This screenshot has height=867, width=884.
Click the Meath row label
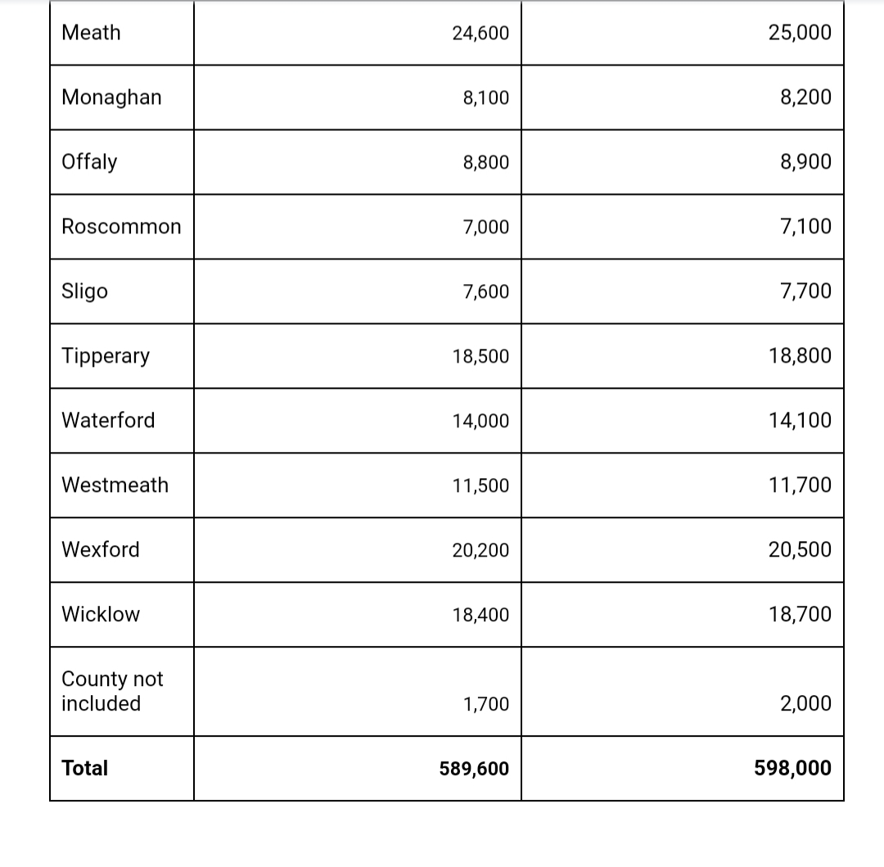[x=91, y=33]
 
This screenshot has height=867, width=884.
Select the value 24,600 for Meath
[x=480, y=34]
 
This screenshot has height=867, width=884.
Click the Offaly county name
[x=89, y=162]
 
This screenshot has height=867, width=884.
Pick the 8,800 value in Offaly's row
[x=485, y=163]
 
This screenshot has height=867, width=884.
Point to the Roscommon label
[x=121, y=227]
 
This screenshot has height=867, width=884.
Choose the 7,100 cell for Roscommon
[x=805, y=227]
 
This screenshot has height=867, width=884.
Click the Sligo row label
[x=84, y=291]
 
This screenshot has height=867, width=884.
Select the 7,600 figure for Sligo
[x=485, y=292]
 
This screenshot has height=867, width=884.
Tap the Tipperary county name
[x=106, y=356]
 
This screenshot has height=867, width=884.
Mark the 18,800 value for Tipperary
[x=800, y=356]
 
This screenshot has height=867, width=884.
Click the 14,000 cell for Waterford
[x=480, y=421]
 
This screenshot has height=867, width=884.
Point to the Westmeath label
[x=115, y=485]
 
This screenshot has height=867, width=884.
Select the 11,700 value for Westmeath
[x=800, y=485]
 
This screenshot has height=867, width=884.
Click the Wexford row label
[x=101, y=549]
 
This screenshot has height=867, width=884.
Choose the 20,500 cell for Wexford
[x=800, y=550]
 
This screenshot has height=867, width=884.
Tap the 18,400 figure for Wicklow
[x=480, y=615]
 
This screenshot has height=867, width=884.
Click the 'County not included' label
[x=112, y=691]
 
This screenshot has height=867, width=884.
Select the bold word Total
[x=85, y=768]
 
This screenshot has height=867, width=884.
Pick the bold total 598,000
[x=792, y=769]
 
